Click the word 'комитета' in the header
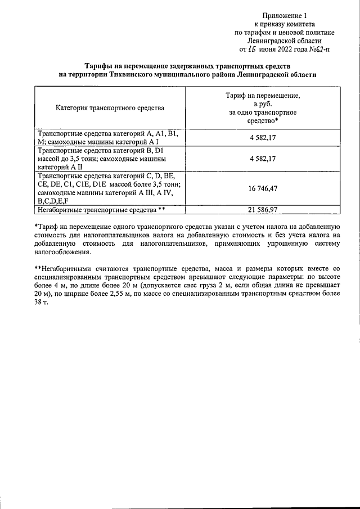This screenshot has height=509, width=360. (300, 24)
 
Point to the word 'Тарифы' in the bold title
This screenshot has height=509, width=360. (106, 66)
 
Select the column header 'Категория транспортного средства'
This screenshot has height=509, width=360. (110, 107)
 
